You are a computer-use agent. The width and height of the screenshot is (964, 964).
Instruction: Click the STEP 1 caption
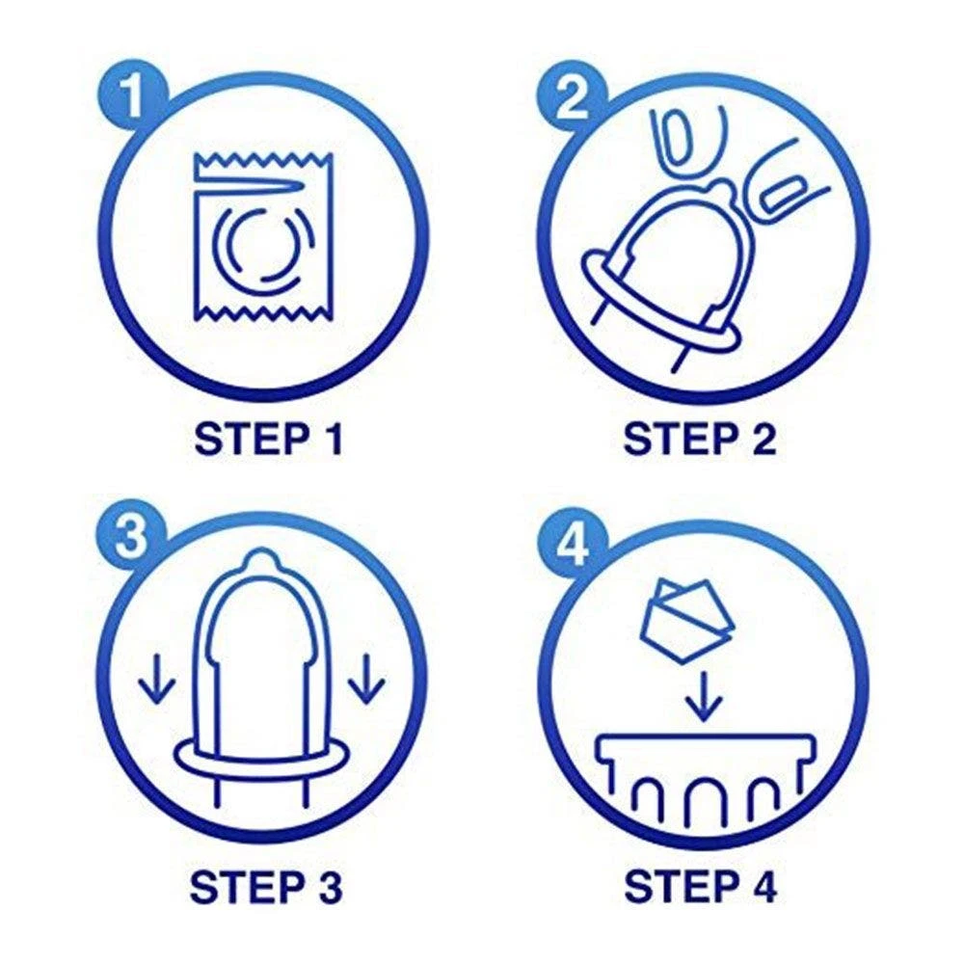click(267, 439)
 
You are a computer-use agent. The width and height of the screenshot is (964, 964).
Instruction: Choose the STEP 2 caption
click(700, 439)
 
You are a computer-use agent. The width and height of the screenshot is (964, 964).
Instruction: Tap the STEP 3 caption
click(266, 886)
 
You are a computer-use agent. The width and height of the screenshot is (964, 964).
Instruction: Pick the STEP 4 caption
click(700, 886)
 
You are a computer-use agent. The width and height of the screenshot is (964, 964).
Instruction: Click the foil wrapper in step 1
click(263, 237)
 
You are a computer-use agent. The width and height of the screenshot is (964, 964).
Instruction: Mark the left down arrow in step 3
click(157, 678)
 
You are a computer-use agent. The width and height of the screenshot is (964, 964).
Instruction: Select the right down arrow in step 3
click(367, 678)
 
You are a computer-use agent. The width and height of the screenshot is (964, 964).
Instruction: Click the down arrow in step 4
click(704, 698)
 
